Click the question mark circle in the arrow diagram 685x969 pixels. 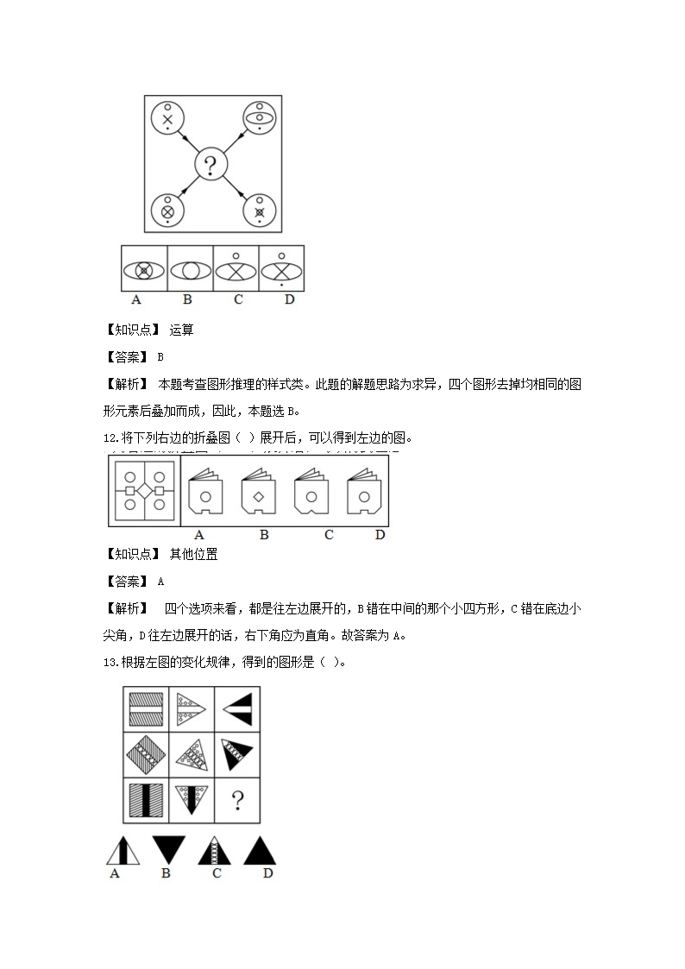[x=211, y=163]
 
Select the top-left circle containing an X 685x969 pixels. [x=168, y=117]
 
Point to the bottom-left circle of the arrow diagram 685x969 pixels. [x=167, y=211]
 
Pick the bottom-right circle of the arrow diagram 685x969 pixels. [x=258, y=211]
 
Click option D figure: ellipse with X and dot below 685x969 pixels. [x=282, y=269]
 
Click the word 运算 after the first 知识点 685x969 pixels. [x=182, y=329]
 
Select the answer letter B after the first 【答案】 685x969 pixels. [x=160, y=356]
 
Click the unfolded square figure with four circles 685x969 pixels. [x=144, y=490]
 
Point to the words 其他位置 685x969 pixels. [x=194, y=555]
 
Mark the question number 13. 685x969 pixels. [x=109, y=662]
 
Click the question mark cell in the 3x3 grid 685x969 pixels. [x=236, y=801]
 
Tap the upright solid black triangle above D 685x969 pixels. [x=259, y=850]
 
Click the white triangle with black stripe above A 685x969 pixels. [x=122, y=850]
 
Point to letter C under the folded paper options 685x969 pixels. [x=329, y=535]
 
